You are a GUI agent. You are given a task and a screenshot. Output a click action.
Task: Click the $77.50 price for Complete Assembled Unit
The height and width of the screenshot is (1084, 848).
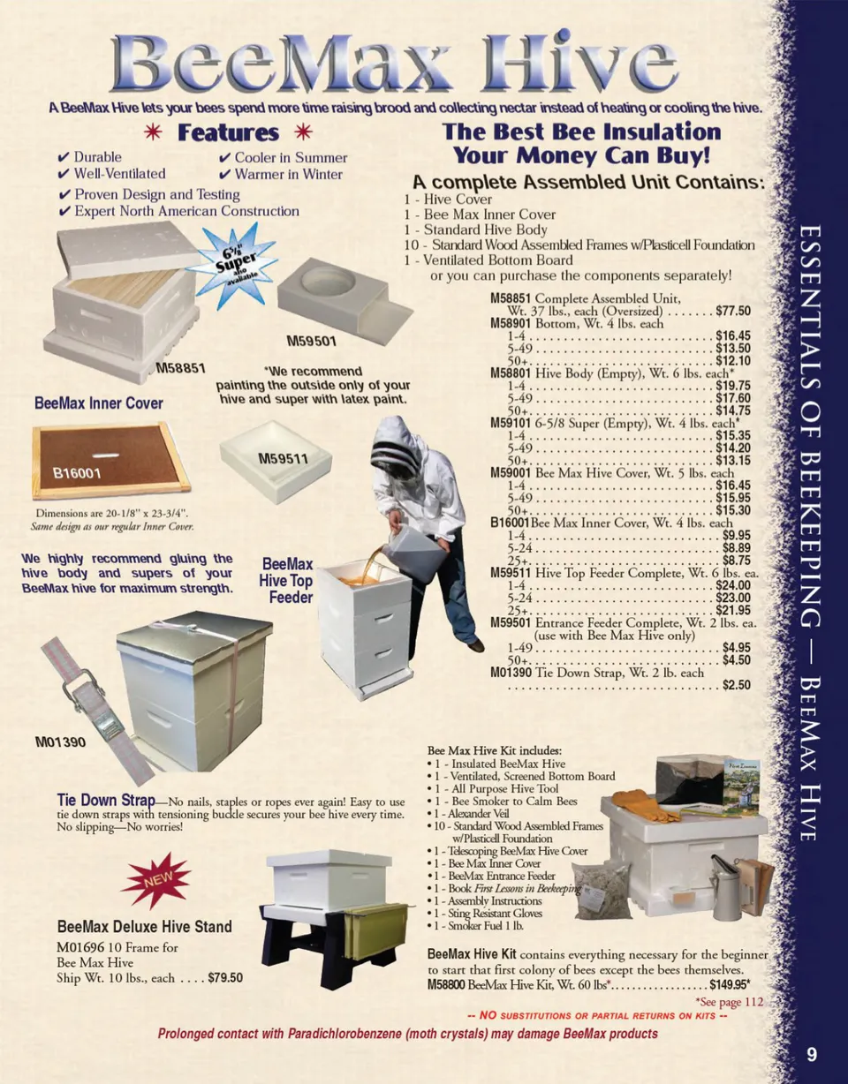coord(732,312)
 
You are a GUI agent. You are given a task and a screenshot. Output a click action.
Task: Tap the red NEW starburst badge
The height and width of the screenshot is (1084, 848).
coord(157,879)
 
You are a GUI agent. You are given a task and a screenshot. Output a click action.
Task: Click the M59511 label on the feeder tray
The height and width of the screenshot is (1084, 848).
coord(283,458)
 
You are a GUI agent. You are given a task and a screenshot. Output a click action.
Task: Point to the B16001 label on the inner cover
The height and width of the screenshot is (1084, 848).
coord(78,473)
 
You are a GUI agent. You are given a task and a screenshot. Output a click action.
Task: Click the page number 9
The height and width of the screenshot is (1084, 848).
coord(812,1055)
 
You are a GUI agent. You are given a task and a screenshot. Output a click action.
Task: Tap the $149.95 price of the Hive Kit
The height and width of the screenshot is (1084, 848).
coord(730,984)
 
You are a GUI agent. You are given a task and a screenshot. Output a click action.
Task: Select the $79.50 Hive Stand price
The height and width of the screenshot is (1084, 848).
coord(225,977)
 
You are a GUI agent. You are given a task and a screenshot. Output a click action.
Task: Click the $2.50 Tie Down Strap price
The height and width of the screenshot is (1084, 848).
coord(736,685)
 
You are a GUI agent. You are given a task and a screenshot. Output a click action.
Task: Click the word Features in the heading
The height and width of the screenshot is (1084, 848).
coord(228,132)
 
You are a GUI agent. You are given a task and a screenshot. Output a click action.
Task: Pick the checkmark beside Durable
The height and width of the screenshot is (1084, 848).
coord(64,158)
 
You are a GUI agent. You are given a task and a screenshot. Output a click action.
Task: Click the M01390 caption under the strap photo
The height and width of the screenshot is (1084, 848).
coord(60,741)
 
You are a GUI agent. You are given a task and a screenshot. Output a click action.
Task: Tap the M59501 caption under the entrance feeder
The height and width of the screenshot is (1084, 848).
coord(312,342)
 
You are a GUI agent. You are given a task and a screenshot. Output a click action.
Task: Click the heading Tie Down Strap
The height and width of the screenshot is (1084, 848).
coord(106,800)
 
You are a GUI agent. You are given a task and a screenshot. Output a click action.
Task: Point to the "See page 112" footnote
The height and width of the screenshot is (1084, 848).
coord(730,1002)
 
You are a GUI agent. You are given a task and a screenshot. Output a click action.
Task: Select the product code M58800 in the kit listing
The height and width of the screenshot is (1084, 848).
coord(446,985)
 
